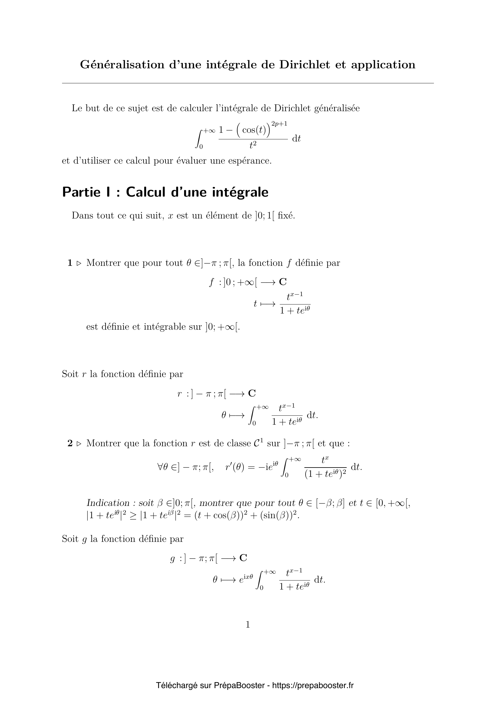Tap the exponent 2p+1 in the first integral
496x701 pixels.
point(279,124)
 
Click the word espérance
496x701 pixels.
point(249,161)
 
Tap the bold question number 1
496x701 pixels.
point(70,263)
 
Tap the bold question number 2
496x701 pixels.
point(70,443)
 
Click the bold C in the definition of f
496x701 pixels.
point(283,282)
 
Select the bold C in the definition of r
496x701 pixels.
point(252,393)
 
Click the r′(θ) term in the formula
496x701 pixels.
point(235,468)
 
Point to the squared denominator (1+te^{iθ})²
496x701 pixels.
point(325,474)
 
